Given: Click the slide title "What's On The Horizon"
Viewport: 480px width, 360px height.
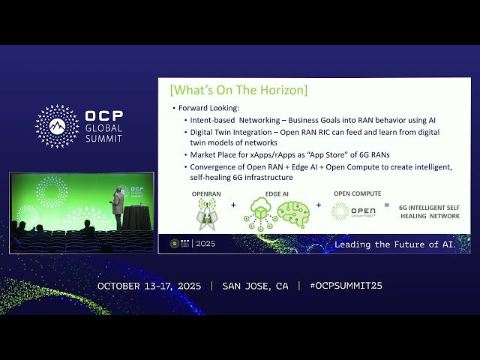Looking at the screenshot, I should (238, 91).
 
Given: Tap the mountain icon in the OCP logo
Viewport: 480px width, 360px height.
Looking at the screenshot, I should (57, 126).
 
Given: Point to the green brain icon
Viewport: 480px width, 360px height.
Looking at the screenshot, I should (292, 214).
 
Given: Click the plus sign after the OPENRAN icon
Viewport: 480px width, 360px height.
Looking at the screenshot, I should (232, 204).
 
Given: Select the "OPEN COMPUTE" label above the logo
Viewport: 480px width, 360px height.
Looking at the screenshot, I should (357, 193).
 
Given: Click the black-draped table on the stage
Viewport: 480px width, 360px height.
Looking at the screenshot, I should (136, 218).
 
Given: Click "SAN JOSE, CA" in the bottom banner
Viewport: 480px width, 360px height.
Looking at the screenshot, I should (255, 286).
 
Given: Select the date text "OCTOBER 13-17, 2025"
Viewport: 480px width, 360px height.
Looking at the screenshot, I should (149, 286).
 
